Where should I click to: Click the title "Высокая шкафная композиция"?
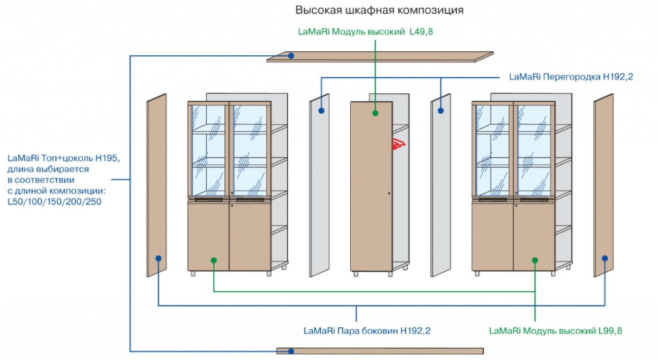point(379,10)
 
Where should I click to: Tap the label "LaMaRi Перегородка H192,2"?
point(571,77)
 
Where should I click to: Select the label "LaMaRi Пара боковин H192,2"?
point(366,331)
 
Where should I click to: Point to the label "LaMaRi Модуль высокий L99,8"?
point(556,331)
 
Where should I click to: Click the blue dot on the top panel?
point(291,57)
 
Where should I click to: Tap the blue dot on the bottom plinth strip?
point(291,351)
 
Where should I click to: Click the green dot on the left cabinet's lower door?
point(214,260)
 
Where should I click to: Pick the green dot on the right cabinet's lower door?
point(535,260)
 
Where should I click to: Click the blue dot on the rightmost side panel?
point(604,258)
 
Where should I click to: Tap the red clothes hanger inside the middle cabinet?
point(398,142)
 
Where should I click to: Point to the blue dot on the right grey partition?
point(441,111)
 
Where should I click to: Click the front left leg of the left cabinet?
point(193,273)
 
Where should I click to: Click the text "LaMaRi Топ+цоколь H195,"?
point(64,157)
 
